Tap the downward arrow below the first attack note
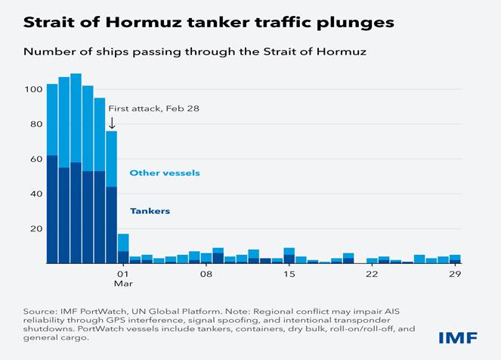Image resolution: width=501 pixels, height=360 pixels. point(112,123)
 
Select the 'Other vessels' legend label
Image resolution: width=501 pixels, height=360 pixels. point(165,173)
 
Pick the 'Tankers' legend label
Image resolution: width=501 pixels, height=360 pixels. point(150,211)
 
